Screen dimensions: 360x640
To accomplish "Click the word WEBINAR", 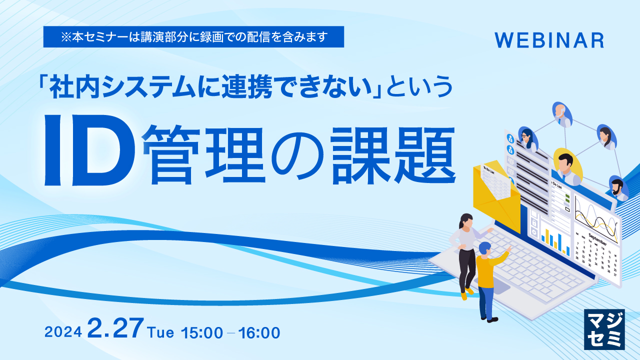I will [549, 40].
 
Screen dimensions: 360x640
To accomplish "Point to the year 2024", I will [63, 332].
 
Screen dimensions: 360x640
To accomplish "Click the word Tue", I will [161, 331].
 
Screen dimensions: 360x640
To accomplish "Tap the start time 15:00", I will [202, 332].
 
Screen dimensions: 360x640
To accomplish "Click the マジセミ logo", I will [604, 329].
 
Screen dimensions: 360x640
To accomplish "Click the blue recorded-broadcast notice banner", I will [193, 37].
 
